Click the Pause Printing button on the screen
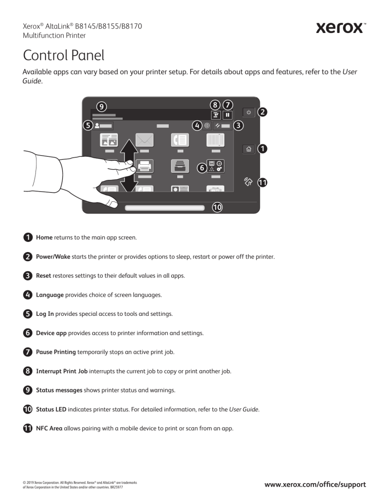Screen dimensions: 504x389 (x=227, y=115)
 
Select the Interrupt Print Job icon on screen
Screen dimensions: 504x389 (x=215, y=115)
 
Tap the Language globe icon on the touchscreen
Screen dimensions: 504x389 (x=207, y=125)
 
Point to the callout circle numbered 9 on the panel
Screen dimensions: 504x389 (x=102, y=106)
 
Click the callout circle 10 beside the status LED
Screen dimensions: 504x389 (x=217, y=207)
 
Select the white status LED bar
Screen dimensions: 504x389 (x=165, y=207)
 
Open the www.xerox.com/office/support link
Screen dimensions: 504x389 (x=315, y=484)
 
